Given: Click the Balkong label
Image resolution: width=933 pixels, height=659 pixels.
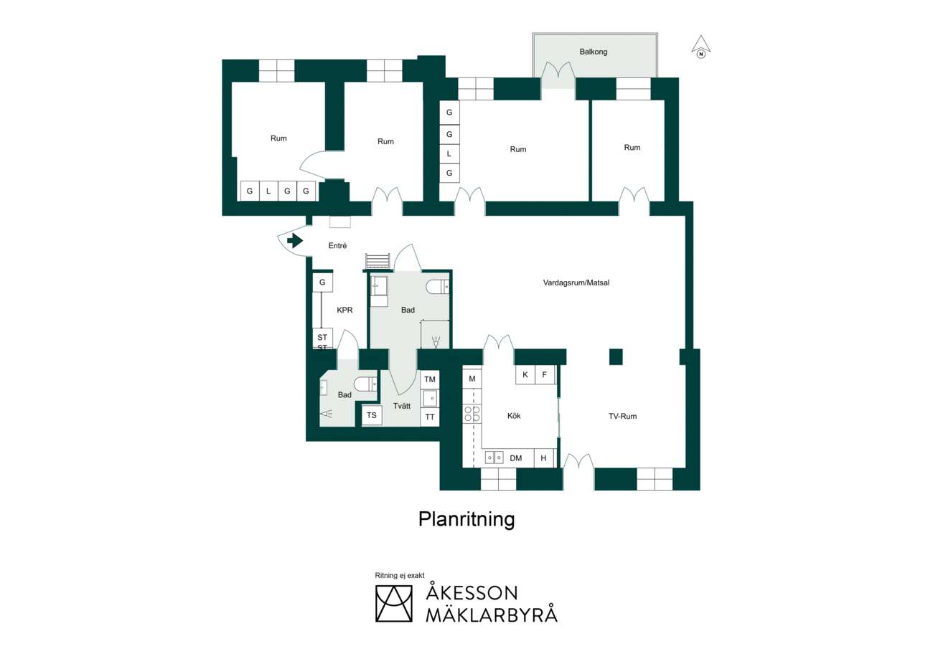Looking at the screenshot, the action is pyautogui.click(x=593, y=52).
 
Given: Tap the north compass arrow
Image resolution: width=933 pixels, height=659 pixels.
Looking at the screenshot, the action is pyautogui.click(x=701, y=47).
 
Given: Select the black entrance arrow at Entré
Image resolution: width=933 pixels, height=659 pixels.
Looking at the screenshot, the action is pyautogui.click(x=295, y=240).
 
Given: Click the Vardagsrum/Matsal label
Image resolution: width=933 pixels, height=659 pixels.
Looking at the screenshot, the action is pyautogui.click(x=576, y=283).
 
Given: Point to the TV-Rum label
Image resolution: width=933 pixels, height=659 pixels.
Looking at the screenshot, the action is pyautogui.click(x=622, y=416).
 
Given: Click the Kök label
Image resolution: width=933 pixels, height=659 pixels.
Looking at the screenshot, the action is pyautogui.click(x=514, y=416).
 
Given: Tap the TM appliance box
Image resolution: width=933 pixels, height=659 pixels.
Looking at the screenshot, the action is pyautogui.click(x=430, y=379).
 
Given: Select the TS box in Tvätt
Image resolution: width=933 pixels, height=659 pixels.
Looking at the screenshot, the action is pyautogui.click(x=372, y=415).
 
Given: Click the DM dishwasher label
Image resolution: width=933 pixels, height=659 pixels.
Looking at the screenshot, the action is pyautogui.click(x=515, y=458).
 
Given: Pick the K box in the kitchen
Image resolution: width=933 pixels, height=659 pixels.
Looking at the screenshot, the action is pyautogui.click(x=525, y=374).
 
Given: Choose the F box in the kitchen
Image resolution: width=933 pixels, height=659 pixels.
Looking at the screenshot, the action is pyautogui.click(x=545, y=374).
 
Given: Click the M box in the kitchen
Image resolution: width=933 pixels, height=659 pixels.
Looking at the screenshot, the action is pyautogui.click(x=472, y=379).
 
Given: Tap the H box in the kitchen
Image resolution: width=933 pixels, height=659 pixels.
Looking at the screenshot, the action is pyautogui.click(x=543, y=458).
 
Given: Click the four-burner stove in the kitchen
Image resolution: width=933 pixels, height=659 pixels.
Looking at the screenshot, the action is pyautogui.click(x=472, y=414).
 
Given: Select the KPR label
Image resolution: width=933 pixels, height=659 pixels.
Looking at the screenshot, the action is pyautogui.click(x=344, y=310).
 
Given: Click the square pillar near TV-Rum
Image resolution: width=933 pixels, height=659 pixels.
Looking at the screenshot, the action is pyautogui.click(x=616, y=357).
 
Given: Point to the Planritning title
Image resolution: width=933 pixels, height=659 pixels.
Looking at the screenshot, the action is pyautogui.click(x=467, y=520).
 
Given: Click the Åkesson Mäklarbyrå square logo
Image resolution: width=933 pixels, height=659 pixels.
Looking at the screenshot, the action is pyautogui.click(x=394, y=604).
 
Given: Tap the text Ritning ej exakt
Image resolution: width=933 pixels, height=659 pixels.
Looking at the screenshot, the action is pyautogui.click(x=400, y=575).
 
